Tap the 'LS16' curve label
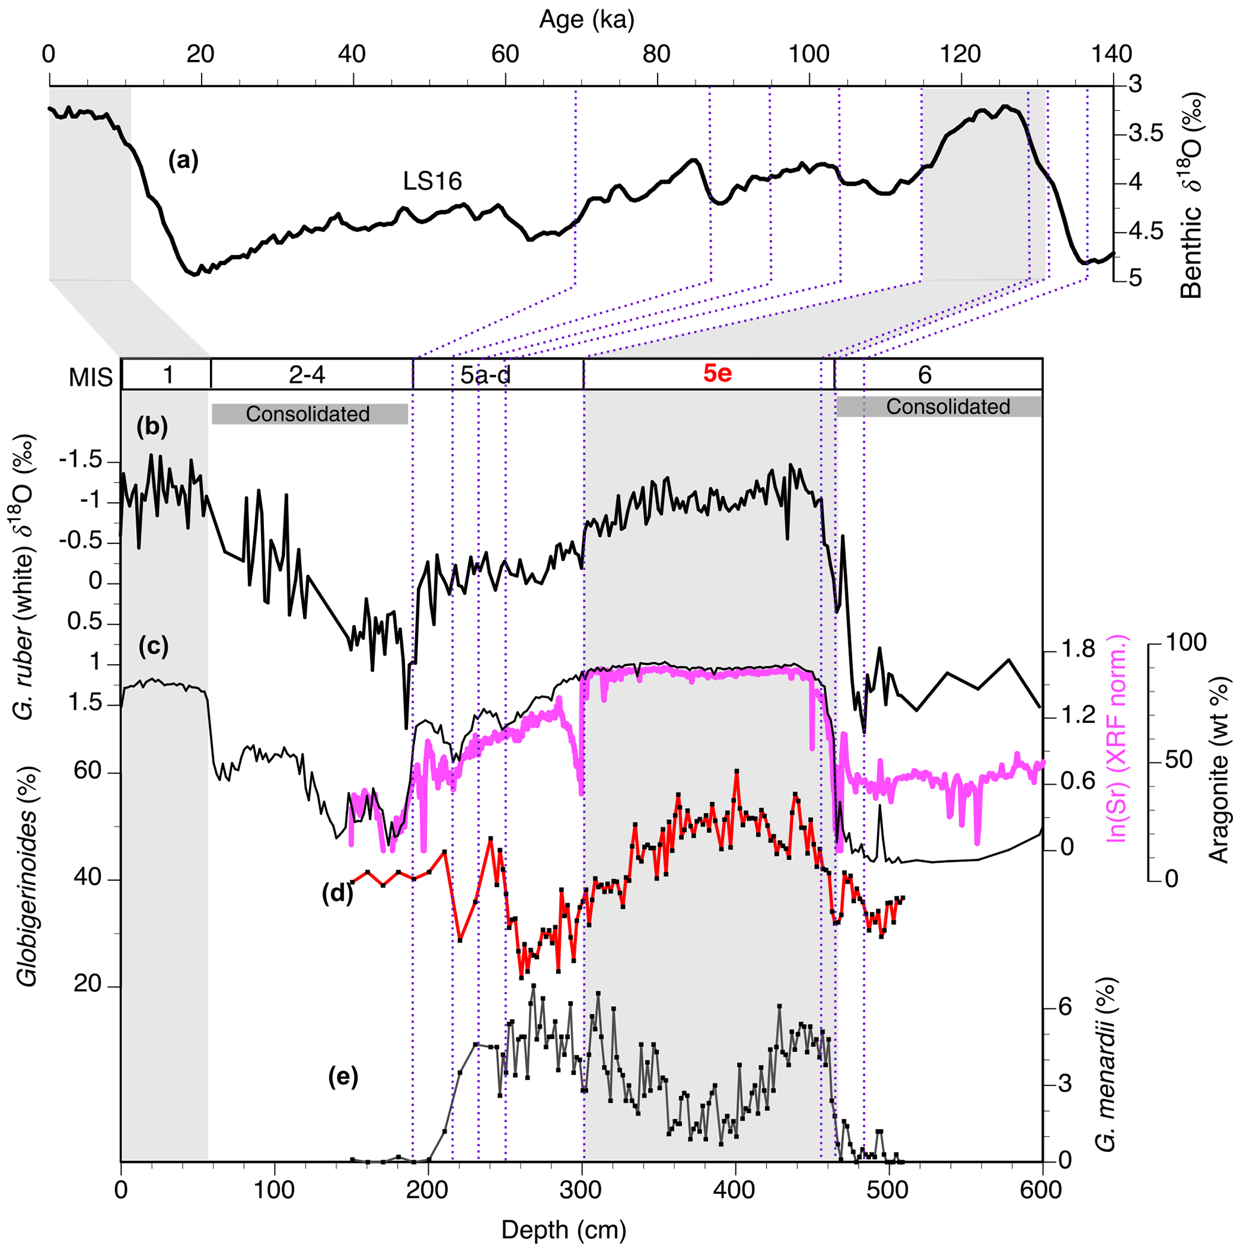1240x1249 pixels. [x=433, y=182]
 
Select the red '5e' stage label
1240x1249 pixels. [x=717, y=374]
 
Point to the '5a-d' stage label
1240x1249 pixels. [x=485, y=375]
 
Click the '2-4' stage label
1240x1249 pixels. [x=307, y=375]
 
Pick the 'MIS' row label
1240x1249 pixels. [x=91, y=377]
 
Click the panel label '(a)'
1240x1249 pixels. [x=183, y=160]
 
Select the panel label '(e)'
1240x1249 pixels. [x=343, y=1076]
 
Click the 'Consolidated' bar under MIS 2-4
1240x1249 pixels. [x=308, y=414]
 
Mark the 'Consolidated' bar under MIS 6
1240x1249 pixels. [x=947, y=407]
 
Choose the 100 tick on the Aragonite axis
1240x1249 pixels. [x=1184, y=642]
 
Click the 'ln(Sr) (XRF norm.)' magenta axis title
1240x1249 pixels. [x=1116, y=738]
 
